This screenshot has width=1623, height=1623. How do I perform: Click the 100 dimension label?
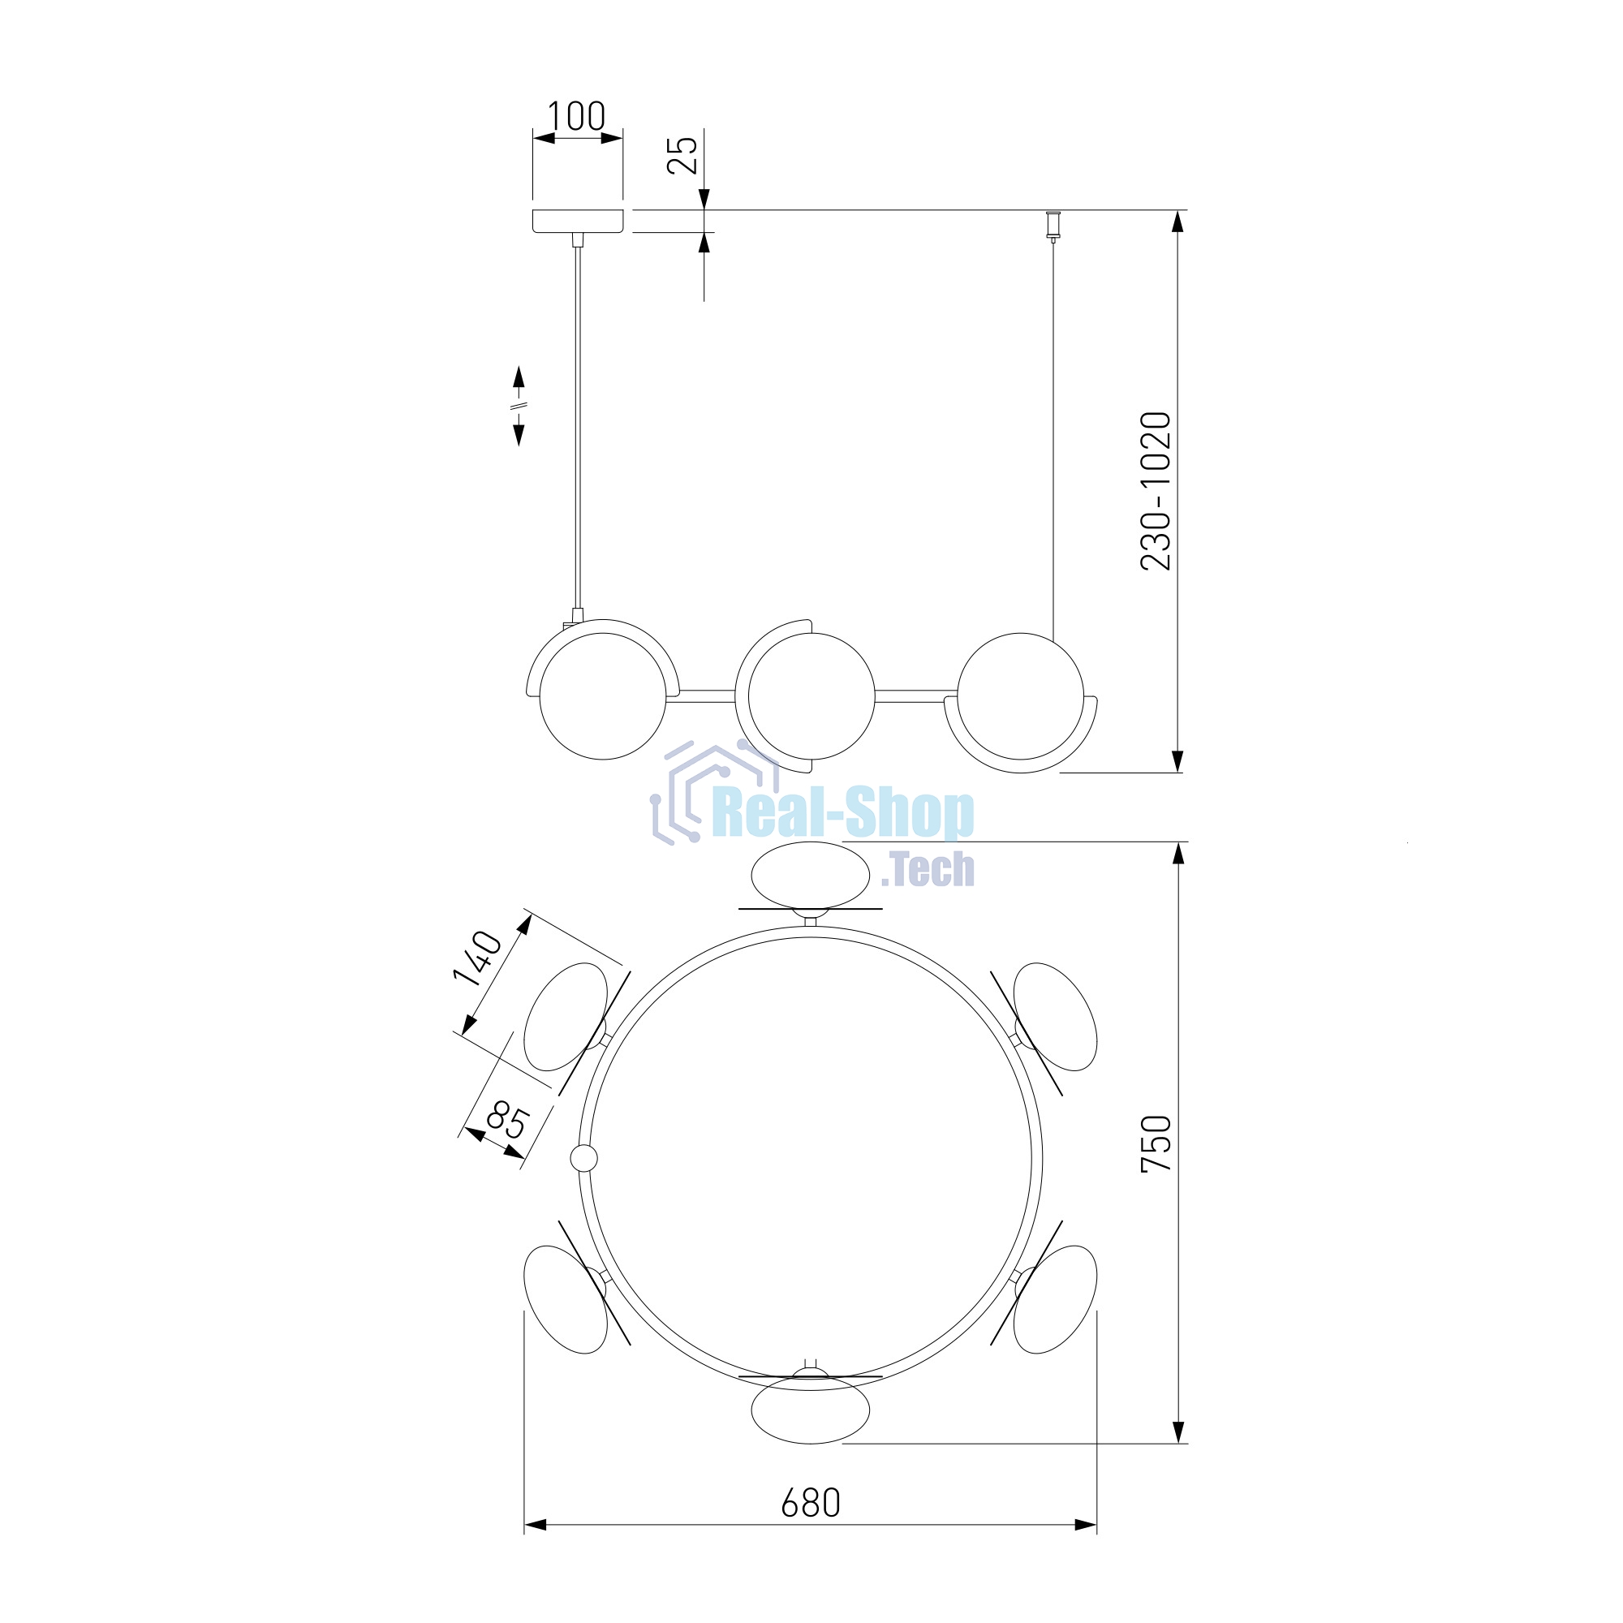click(576, 117)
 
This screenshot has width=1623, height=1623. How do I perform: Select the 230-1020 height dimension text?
click(1156, 492)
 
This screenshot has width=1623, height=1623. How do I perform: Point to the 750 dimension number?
click(1156, 1143)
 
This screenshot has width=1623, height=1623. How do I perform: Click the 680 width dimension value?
click(811, 1504)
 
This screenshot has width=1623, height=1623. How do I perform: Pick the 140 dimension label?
click(477, 958)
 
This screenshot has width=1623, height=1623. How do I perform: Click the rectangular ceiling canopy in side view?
click(578, 221)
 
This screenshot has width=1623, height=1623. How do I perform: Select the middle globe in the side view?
click(811, 695)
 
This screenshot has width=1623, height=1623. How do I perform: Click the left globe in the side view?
click(603, 695)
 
